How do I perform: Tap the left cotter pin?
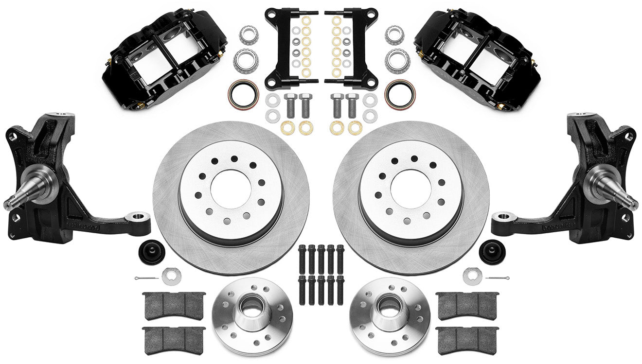click(146, 278)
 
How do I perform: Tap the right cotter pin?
click(498, 278)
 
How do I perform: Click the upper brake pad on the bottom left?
click(174, 305)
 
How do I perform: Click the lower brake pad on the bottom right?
click(467, 336)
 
